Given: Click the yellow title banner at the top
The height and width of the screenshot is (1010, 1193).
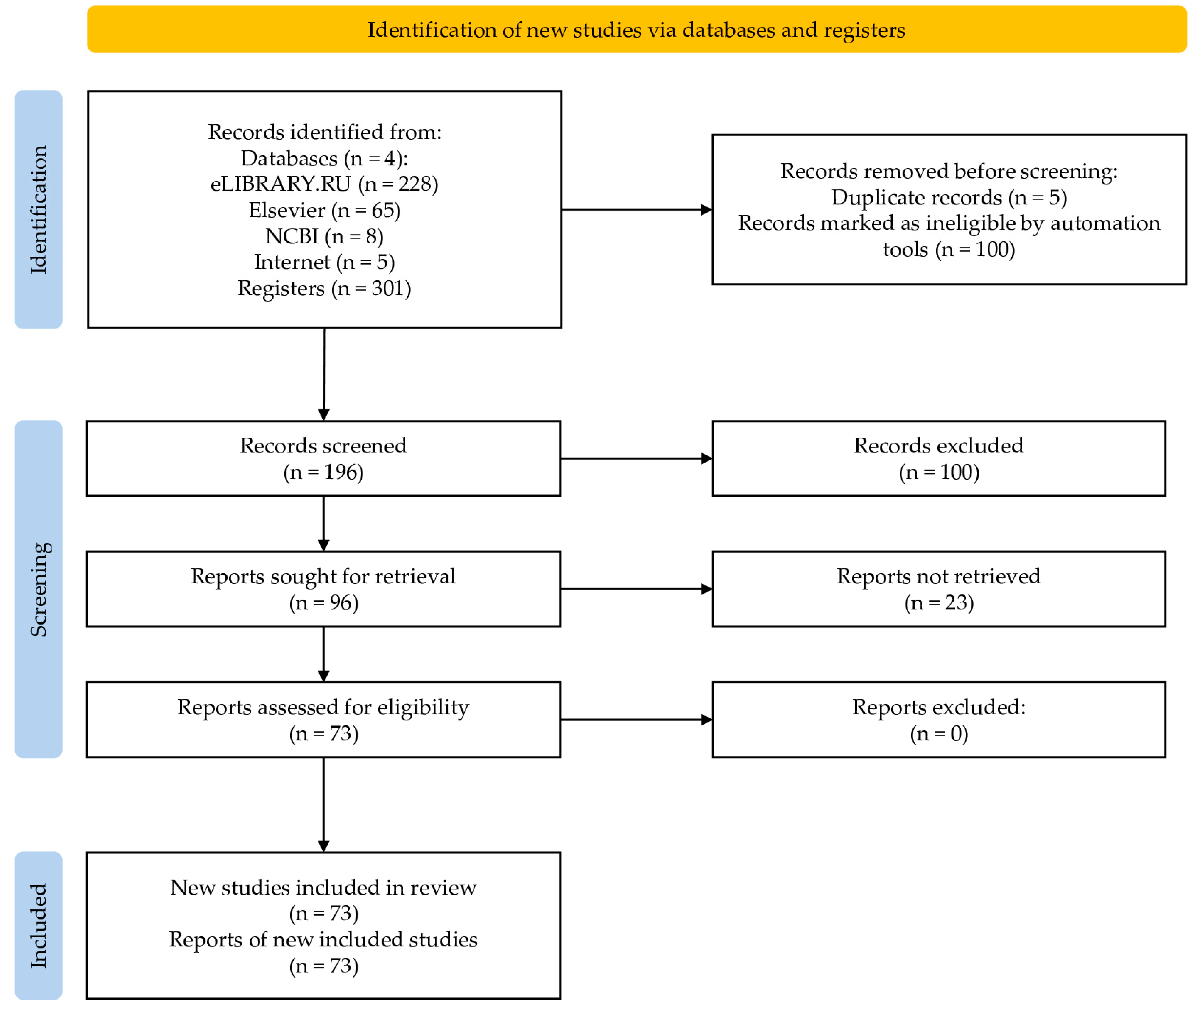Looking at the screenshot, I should [636, 29].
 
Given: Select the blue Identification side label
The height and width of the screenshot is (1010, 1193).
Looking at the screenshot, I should [38, 210].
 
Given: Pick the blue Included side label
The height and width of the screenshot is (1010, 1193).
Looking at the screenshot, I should [38, 925].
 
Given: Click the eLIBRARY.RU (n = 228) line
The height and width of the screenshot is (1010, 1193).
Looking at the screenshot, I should [324, 184].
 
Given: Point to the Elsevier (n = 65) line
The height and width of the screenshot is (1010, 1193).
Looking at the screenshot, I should [324, 210].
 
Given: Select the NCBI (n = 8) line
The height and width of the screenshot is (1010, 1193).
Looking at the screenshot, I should [324, 236].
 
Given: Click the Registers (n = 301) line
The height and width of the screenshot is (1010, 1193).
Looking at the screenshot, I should [324, 288].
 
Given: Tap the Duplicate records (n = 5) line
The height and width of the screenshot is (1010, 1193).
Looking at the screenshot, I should [949, 197].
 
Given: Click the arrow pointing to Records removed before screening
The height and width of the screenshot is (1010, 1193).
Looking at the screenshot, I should [636, 210].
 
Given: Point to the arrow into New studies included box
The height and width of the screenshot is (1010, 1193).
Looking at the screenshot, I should [324, 804].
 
